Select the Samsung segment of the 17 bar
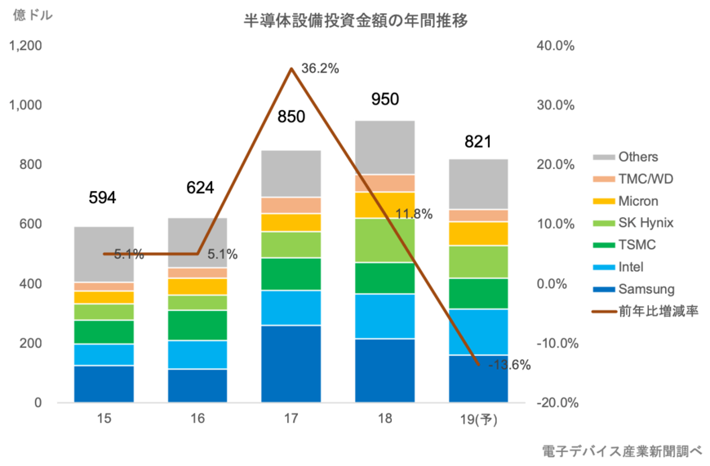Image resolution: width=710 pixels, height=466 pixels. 291,363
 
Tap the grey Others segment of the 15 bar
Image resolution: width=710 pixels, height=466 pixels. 104,253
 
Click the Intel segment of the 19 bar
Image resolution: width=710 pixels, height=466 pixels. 479,331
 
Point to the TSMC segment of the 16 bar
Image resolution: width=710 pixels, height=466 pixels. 197,325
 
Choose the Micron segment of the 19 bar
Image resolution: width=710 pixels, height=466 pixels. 479,233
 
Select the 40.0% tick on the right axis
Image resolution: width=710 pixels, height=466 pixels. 555,47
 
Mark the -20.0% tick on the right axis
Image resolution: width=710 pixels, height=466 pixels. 555,402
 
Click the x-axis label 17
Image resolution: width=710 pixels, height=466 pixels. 291,419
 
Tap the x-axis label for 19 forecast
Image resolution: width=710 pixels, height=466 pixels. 479,419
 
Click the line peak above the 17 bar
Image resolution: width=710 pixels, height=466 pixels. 291,68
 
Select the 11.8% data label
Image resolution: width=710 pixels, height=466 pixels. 413,214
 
